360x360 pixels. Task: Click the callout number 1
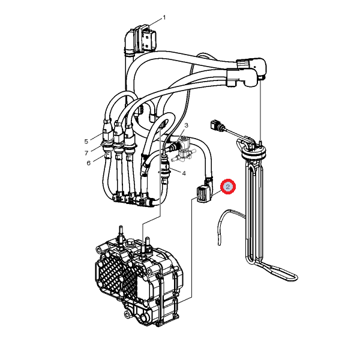pos(164,17)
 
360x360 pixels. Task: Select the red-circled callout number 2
pos(228,187)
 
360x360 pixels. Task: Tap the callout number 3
pos(187,125)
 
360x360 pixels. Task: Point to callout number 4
pos(184,173)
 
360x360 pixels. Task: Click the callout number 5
pos(86,142)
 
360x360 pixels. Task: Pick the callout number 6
pos(89,163)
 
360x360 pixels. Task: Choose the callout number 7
pos(86,153)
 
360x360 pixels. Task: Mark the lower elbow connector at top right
pos(242,78)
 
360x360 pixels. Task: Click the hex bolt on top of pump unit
pos(129,242)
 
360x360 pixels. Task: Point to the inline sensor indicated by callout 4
pos(165,167)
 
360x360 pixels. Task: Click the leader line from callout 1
pos(155,22)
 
